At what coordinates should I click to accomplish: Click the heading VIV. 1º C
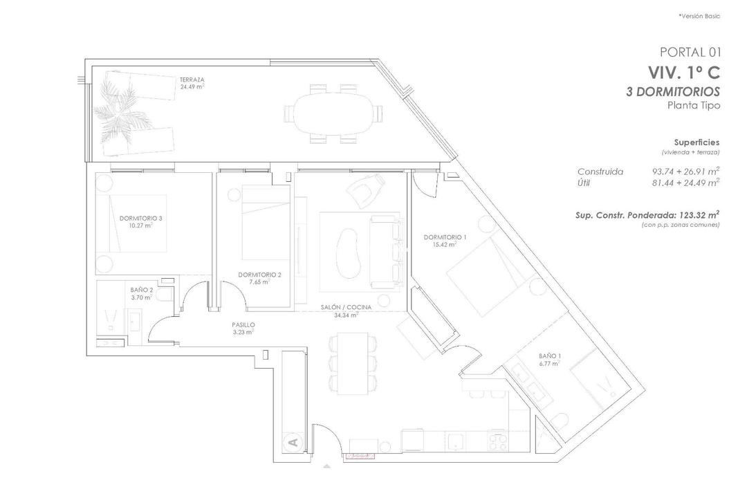(x=684, y=72)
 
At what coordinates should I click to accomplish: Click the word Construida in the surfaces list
(x=600, y=172)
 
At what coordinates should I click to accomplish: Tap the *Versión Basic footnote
(x=699, y=16)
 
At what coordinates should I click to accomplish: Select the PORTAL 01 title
(x=690, y=52)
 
